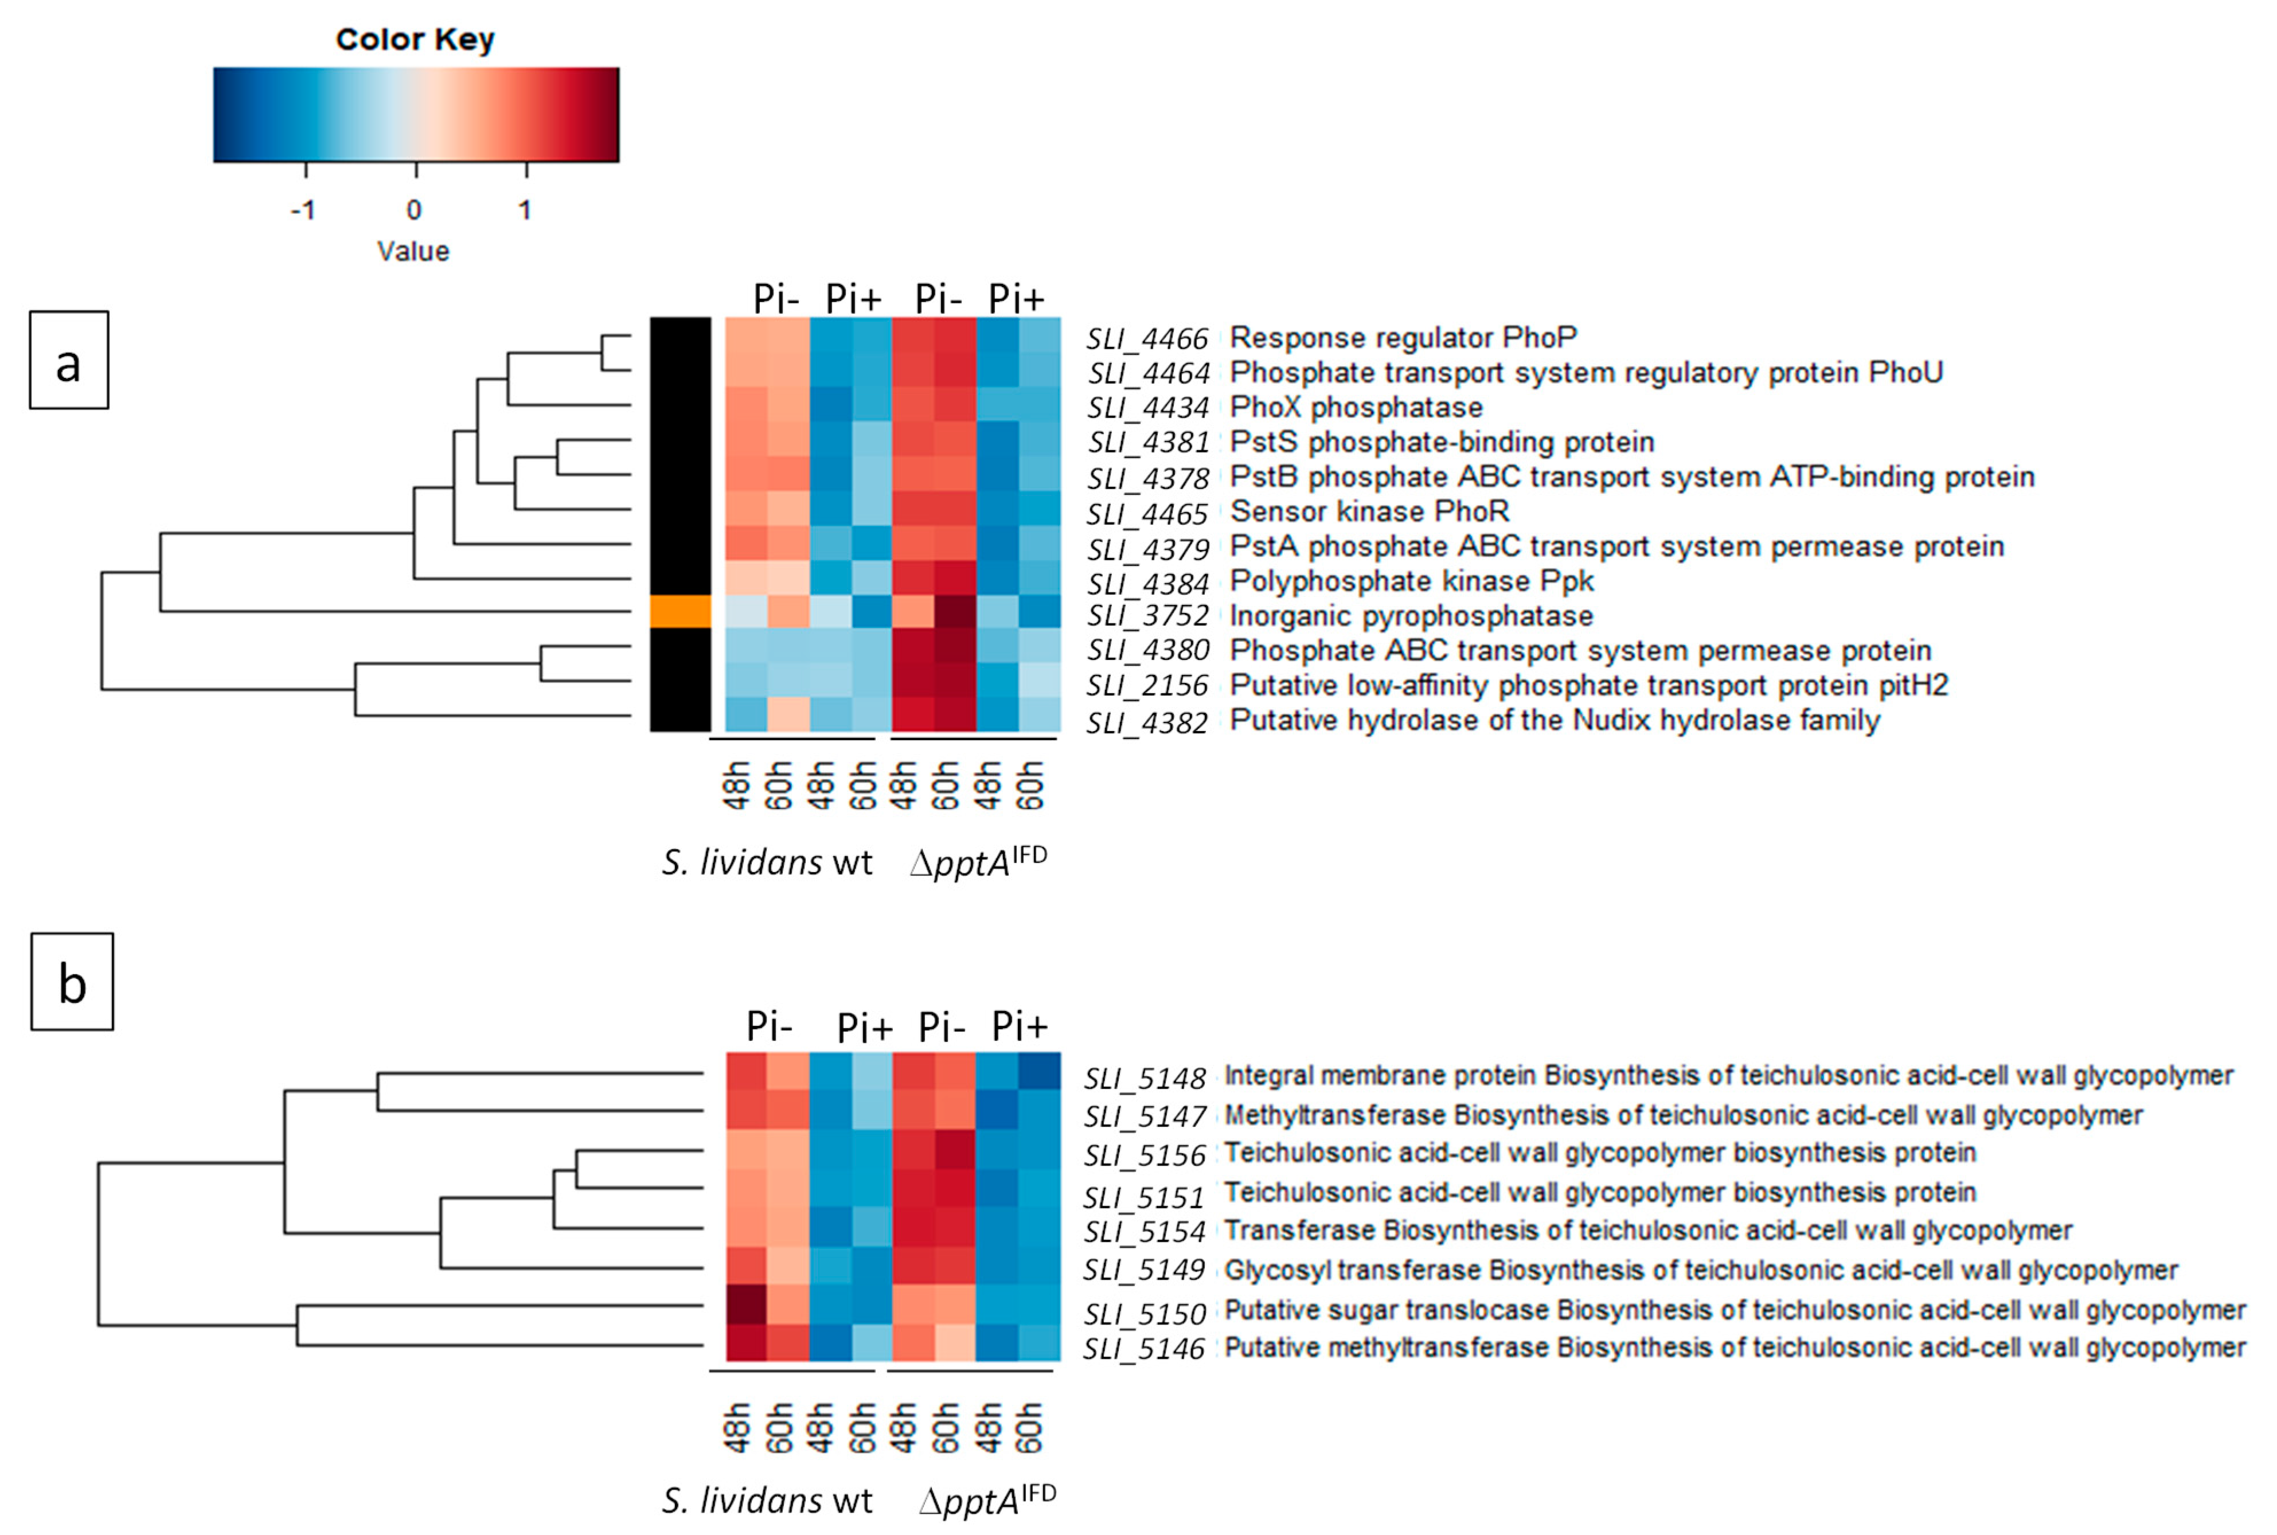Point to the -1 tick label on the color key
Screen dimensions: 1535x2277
[x=303, y=209]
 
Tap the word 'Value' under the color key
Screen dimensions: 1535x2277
[x=413, y=252]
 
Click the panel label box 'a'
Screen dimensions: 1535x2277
[x=69, y=360]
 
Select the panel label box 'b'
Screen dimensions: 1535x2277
[x=72, y=982]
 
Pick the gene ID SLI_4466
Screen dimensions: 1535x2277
[x=1147, y=339]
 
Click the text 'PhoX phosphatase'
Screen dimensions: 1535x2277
[x=1356, y=407]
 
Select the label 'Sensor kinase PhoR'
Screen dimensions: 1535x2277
[x=1369, y=511]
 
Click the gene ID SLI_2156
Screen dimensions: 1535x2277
[x=1147, y=685]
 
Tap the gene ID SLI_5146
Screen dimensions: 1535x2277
[x=1143, y=1349]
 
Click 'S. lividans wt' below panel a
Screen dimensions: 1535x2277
[x=767, y=862]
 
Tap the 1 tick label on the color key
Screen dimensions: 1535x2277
[x=526, y=209]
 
